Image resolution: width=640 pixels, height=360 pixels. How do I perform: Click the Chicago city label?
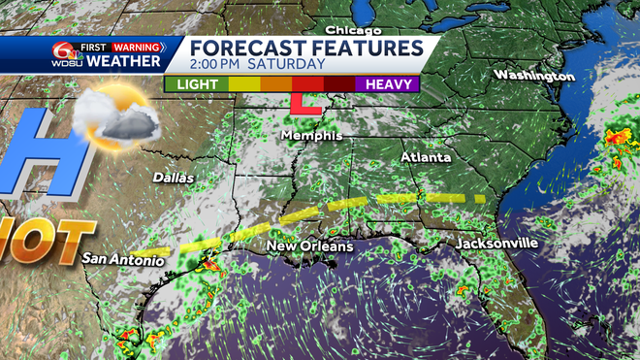pyautogui.click(x=351, y=30)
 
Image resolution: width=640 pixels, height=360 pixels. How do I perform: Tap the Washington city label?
pyautogui.click(x=528, y=75)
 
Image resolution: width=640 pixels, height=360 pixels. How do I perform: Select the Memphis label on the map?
pyautogui.click(x=311, y=136)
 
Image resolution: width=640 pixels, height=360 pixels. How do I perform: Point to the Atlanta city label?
pyautogui.click(x=426, y=156)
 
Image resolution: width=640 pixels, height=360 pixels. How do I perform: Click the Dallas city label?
pyautogui.click(x=174, y=178)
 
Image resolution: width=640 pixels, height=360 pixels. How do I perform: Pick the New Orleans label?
pyautogui.click(x=306, y=246)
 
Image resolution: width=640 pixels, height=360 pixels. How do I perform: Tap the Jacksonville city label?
pyautogui.click(x=496, y=243)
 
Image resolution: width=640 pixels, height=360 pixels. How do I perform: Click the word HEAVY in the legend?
pyautogui.click(x=387, y=84)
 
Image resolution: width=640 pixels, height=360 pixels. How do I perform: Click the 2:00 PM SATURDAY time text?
pyautogui.click(x=257, y=64)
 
